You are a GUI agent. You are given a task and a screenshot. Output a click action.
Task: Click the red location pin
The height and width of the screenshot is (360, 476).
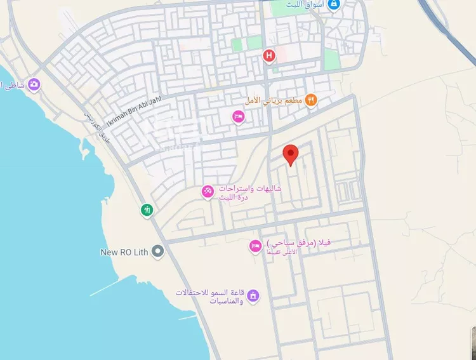(291, 154)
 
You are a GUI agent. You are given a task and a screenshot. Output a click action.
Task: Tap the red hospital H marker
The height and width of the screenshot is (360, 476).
(269, 57)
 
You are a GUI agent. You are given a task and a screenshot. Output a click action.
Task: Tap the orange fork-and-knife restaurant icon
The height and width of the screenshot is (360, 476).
(311, 100)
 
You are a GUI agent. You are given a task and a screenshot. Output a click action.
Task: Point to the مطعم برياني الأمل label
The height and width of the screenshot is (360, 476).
(274, 100)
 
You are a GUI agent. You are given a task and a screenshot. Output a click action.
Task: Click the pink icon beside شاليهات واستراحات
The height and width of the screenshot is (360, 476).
(208, 191)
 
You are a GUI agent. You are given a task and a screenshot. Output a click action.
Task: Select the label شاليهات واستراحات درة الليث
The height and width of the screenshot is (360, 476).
(250, 193)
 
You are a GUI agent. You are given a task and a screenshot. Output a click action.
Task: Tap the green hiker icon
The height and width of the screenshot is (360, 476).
(147, 210)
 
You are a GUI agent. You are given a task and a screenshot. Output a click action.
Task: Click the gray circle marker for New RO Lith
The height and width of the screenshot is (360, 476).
(158, 252)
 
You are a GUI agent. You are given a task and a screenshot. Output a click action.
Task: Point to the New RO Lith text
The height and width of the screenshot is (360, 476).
(124, 252)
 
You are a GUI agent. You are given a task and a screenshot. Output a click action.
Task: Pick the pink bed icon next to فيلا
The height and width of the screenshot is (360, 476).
(255, 246)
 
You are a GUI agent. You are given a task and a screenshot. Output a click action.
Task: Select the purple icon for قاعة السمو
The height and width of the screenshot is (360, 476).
(253, 296)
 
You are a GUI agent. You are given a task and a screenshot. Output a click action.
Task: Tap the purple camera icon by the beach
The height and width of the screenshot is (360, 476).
(34, 84)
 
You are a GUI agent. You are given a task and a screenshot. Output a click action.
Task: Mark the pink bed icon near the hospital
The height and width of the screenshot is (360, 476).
(238, 117)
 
